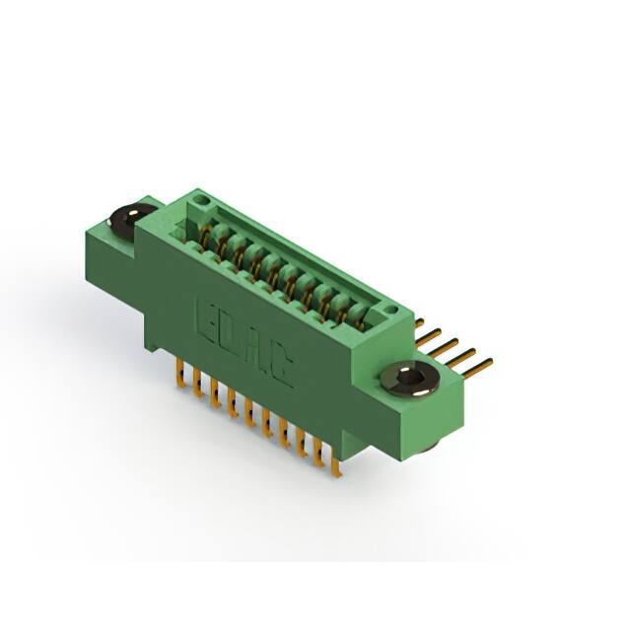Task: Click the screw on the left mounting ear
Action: [x=130, y=218]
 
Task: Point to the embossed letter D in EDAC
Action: [x=233, y=330]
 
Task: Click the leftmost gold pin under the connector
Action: [x=179, y=374]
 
